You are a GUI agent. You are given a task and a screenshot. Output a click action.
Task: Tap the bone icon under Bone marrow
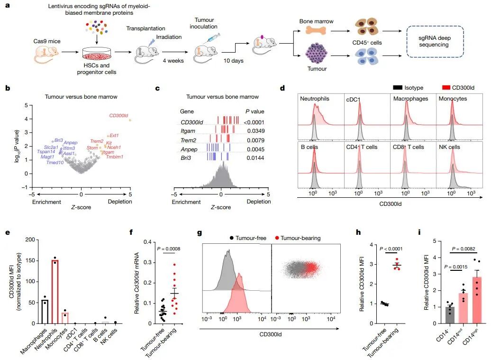click(316, 30)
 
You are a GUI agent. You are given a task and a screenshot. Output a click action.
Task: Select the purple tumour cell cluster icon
click(316, 54)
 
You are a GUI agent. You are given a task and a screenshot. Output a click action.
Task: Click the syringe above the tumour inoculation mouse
click(211, 38)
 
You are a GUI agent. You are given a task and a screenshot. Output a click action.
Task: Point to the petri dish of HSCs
click(97, 54)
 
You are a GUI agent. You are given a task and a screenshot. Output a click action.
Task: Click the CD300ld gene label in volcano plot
click(118, 116)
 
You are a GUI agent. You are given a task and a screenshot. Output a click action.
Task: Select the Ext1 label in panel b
click(114, 135)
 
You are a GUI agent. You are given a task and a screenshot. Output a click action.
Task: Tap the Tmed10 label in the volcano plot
click(55, 162)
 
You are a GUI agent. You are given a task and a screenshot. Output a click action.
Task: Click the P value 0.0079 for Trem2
click(255, 140)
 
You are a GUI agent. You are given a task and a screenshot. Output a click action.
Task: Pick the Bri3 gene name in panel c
click(186, 157)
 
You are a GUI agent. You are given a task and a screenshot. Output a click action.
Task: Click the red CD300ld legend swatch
click(446, 87)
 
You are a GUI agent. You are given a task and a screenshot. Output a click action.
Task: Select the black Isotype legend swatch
click(398, 87)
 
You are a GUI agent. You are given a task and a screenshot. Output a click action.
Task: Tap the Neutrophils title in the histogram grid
click(314, 98)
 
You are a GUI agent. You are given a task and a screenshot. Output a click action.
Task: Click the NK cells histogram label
click(449, 147)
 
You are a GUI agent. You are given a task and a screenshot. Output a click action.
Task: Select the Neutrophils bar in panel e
click(55, 292)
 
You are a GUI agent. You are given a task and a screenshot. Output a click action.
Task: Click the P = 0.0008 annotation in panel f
click(168, 249)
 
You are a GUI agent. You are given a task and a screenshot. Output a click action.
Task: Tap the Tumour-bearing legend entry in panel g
click(298, 238)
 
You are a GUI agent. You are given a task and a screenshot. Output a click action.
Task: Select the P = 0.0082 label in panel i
click(464, 249)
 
